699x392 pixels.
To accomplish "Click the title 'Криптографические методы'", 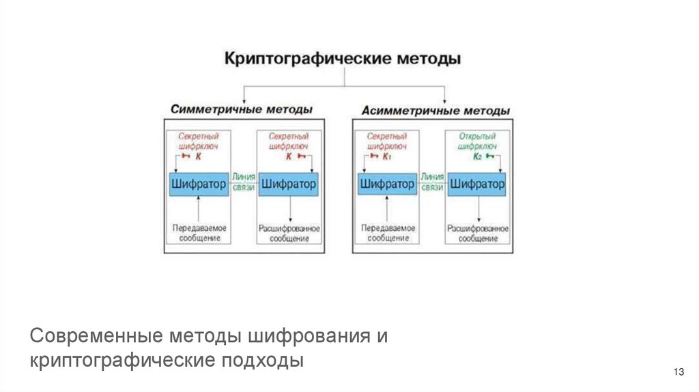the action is (343, 59).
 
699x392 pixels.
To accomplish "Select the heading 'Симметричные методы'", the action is (242, 109).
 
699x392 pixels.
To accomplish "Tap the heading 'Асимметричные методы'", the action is (436, 109).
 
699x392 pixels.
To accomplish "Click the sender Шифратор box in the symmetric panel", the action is (198, 184).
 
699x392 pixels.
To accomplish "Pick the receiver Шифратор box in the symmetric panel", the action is (289, 184).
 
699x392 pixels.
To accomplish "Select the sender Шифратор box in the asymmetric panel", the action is (386, 184).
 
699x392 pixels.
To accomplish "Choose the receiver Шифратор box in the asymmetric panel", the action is (477, 184).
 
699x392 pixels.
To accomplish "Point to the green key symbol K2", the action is (483, 157).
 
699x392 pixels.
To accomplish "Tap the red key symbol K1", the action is (382, 157).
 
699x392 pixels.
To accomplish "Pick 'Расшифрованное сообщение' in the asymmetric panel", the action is (477, 232).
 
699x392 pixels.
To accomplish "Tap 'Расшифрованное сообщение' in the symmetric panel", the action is (289, 232).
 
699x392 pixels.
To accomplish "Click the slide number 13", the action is (678, 372).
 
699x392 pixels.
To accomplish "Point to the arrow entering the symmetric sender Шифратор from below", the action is (198, 208).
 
